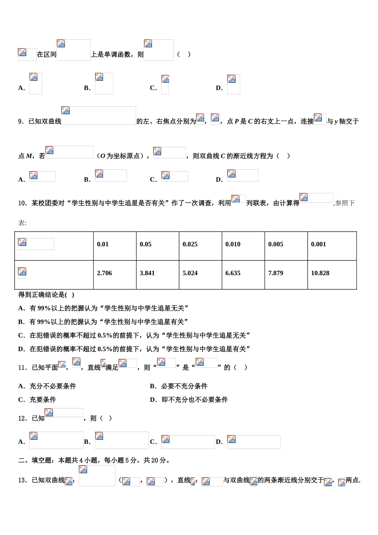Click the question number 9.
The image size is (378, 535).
(x=21, y=121)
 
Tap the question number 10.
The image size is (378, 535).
(x=23, y=203)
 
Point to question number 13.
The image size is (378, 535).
(x=23, y=480)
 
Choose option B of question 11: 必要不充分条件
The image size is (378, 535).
(x=179, y=386)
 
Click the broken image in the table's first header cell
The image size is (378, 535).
(x=36, y=244)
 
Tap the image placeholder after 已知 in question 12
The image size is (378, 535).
(x=64, y=413)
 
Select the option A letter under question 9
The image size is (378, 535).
(x=22, y=180)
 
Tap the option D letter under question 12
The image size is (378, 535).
(x=219, y=442)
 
